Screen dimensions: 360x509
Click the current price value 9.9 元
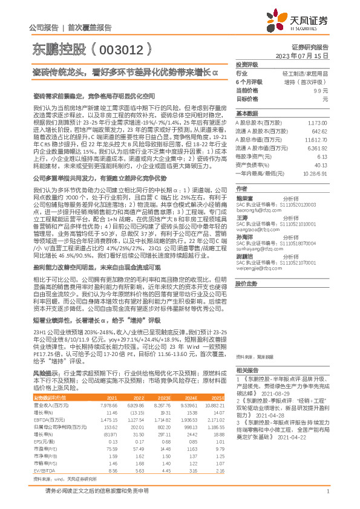(x=319, y=89)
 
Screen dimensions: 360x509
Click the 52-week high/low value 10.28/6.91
(x=315, y=173)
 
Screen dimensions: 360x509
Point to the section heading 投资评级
(x=246, y=63)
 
